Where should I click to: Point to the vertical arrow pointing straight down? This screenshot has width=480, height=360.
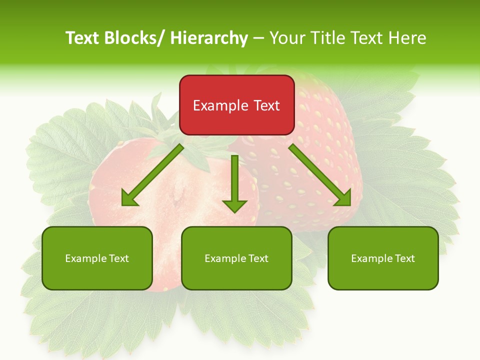(234, 182)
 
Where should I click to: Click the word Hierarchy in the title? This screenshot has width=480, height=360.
(209, 38)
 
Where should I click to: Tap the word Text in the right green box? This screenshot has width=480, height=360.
(404, 258)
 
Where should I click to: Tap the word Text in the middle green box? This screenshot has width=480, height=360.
(258, 258)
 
